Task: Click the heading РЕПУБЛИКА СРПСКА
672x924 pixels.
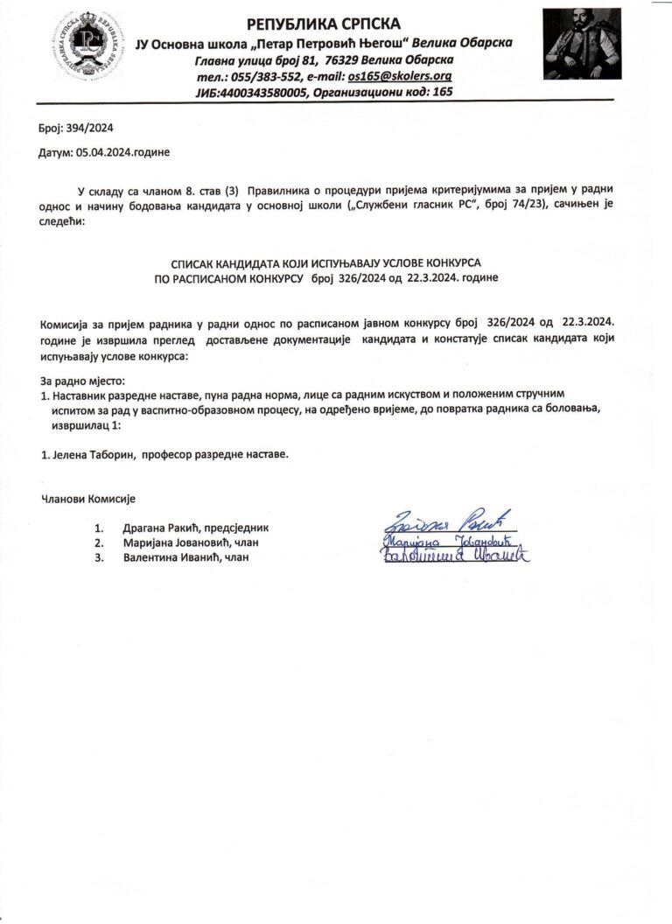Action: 324,24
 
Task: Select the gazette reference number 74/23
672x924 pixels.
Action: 511,205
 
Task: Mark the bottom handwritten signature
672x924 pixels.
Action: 455,556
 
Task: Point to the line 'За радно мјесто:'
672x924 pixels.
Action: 83,381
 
